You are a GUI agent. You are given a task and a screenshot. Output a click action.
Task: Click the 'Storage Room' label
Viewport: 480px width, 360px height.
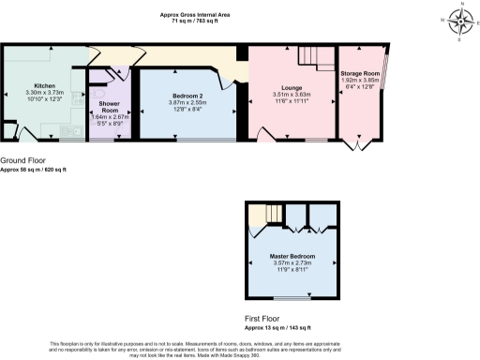[x=360, y=73]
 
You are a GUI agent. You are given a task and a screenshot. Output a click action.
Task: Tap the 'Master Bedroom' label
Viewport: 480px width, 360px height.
[x=290, y=255]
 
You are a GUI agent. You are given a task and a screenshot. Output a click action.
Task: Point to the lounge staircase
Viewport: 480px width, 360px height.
[x=310, y=58]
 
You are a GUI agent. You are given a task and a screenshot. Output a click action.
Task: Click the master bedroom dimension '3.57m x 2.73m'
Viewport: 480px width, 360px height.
[x=290, y=262]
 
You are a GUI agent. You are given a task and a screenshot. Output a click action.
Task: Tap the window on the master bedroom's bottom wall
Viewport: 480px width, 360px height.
[x=291, y=298]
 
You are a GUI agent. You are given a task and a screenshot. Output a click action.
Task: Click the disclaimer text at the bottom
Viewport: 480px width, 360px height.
[x=239, y=349]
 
